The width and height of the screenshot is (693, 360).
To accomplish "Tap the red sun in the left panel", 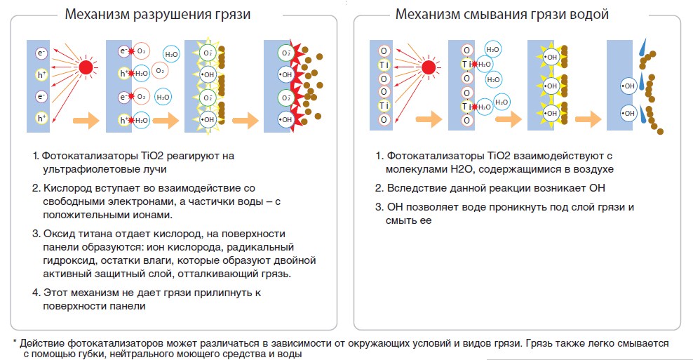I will [86, 67].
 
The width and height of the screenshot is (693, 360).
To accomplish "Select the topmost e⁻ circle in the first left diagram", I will [41, 52].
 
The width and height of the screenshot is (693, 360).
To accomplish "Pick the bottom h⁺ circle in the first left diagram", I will [41, 118].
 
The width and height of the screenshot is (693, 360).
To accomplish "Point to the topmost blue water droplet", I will [642, 49].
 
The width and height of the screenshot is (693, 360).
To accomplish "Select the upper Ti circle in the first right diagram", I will [384, 65].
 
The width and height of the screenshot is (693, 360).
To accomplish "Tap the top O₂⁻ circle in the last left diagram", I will [285, 52].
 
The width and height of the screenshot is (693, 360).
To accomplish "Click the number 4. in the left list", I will [35, 293].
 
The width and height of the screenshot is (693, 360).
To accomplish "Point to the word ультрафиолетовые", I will [83, 169].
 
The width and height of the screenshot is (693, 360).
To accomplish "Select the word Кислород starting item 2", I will [65, 188].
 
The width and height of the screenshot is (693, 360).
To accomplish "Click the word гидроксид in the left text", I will [67, 261].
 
